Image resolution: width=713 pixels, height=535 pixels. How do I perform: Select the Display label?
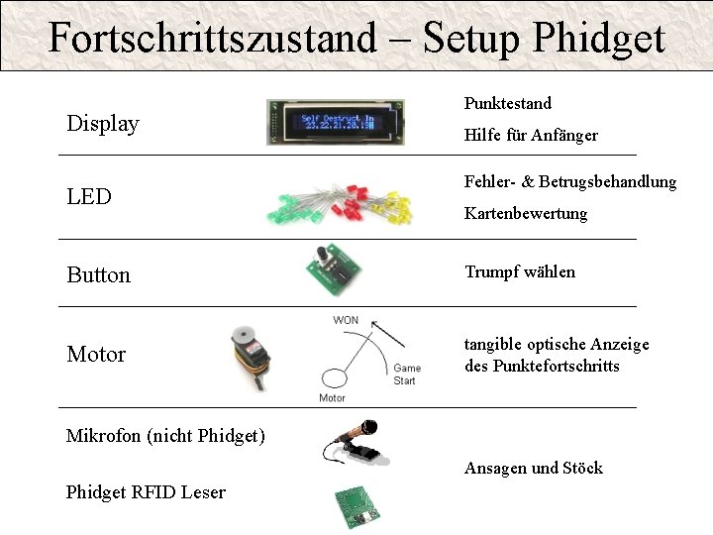103,124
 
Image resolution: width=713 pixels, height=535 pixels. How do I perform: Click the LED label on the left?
89,196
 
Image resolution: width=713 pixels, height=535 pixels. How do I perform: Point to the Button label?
98,275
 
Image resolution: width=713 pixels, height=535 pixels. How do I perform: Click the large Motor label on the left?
96,354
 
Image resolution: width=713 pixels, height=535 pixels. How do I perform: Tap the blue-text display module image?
336,123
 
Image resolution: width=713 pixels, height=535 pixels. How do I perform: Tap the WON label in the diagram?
346,319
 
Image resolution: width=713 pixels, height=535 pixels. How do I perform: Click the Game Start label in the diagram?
405,374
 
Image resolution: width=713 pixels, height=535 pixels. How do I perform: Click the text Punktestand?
508,103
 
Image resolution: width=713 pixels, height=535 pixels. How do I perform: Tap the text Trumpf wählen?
520,271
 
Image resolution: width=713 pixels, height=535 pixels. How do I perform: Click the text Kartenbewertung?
526,213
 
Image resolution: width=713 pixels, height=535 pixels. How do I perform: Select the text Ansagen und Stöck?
533,468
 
